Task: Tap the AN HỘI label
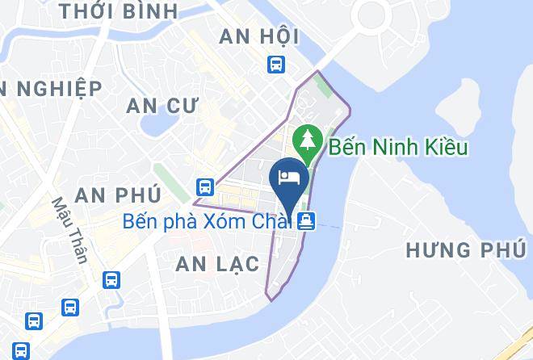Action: coord(259,36)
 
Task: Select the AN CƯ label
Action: coord(162,105)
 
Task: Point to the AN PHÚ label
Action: coord(117,194)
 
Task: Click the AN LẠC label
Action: coord(217,263)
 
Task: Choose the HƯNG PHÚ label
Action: coord(465,249)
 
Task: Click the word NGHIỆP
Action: coord(61,88)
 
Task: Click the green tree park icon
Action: coord(308,140)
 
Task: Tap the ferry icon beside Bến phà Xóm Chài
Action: coord(306,220)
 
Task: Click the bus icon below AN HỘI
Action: coord(276,64)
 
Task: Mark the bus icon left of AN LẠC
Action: coord(112,280)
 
